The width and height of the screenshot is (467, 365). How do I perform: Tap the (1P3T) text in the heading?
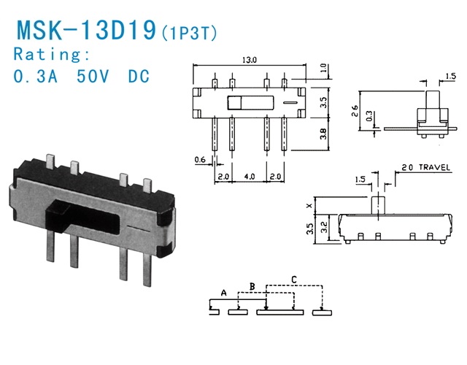pos(190,33)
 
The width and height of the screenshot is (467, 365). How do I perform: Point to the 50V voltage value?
pos(95,77)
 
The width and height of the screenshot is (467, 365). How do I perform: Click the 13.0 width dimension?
pos(250,61)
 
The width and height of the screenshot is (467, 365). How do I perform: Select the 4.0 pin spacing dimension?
pos(250,177)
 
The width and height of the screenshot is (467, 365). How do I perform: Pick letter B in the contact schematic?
pos(252,285)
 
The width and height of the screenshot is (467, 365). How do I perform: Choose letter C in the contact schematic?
pos(293,278)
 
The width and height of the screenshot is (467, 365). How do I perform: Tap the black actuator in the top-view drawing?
pos(235,101)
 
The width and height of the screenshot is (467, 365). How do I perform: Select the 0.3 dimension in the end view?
pos(369,115)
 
